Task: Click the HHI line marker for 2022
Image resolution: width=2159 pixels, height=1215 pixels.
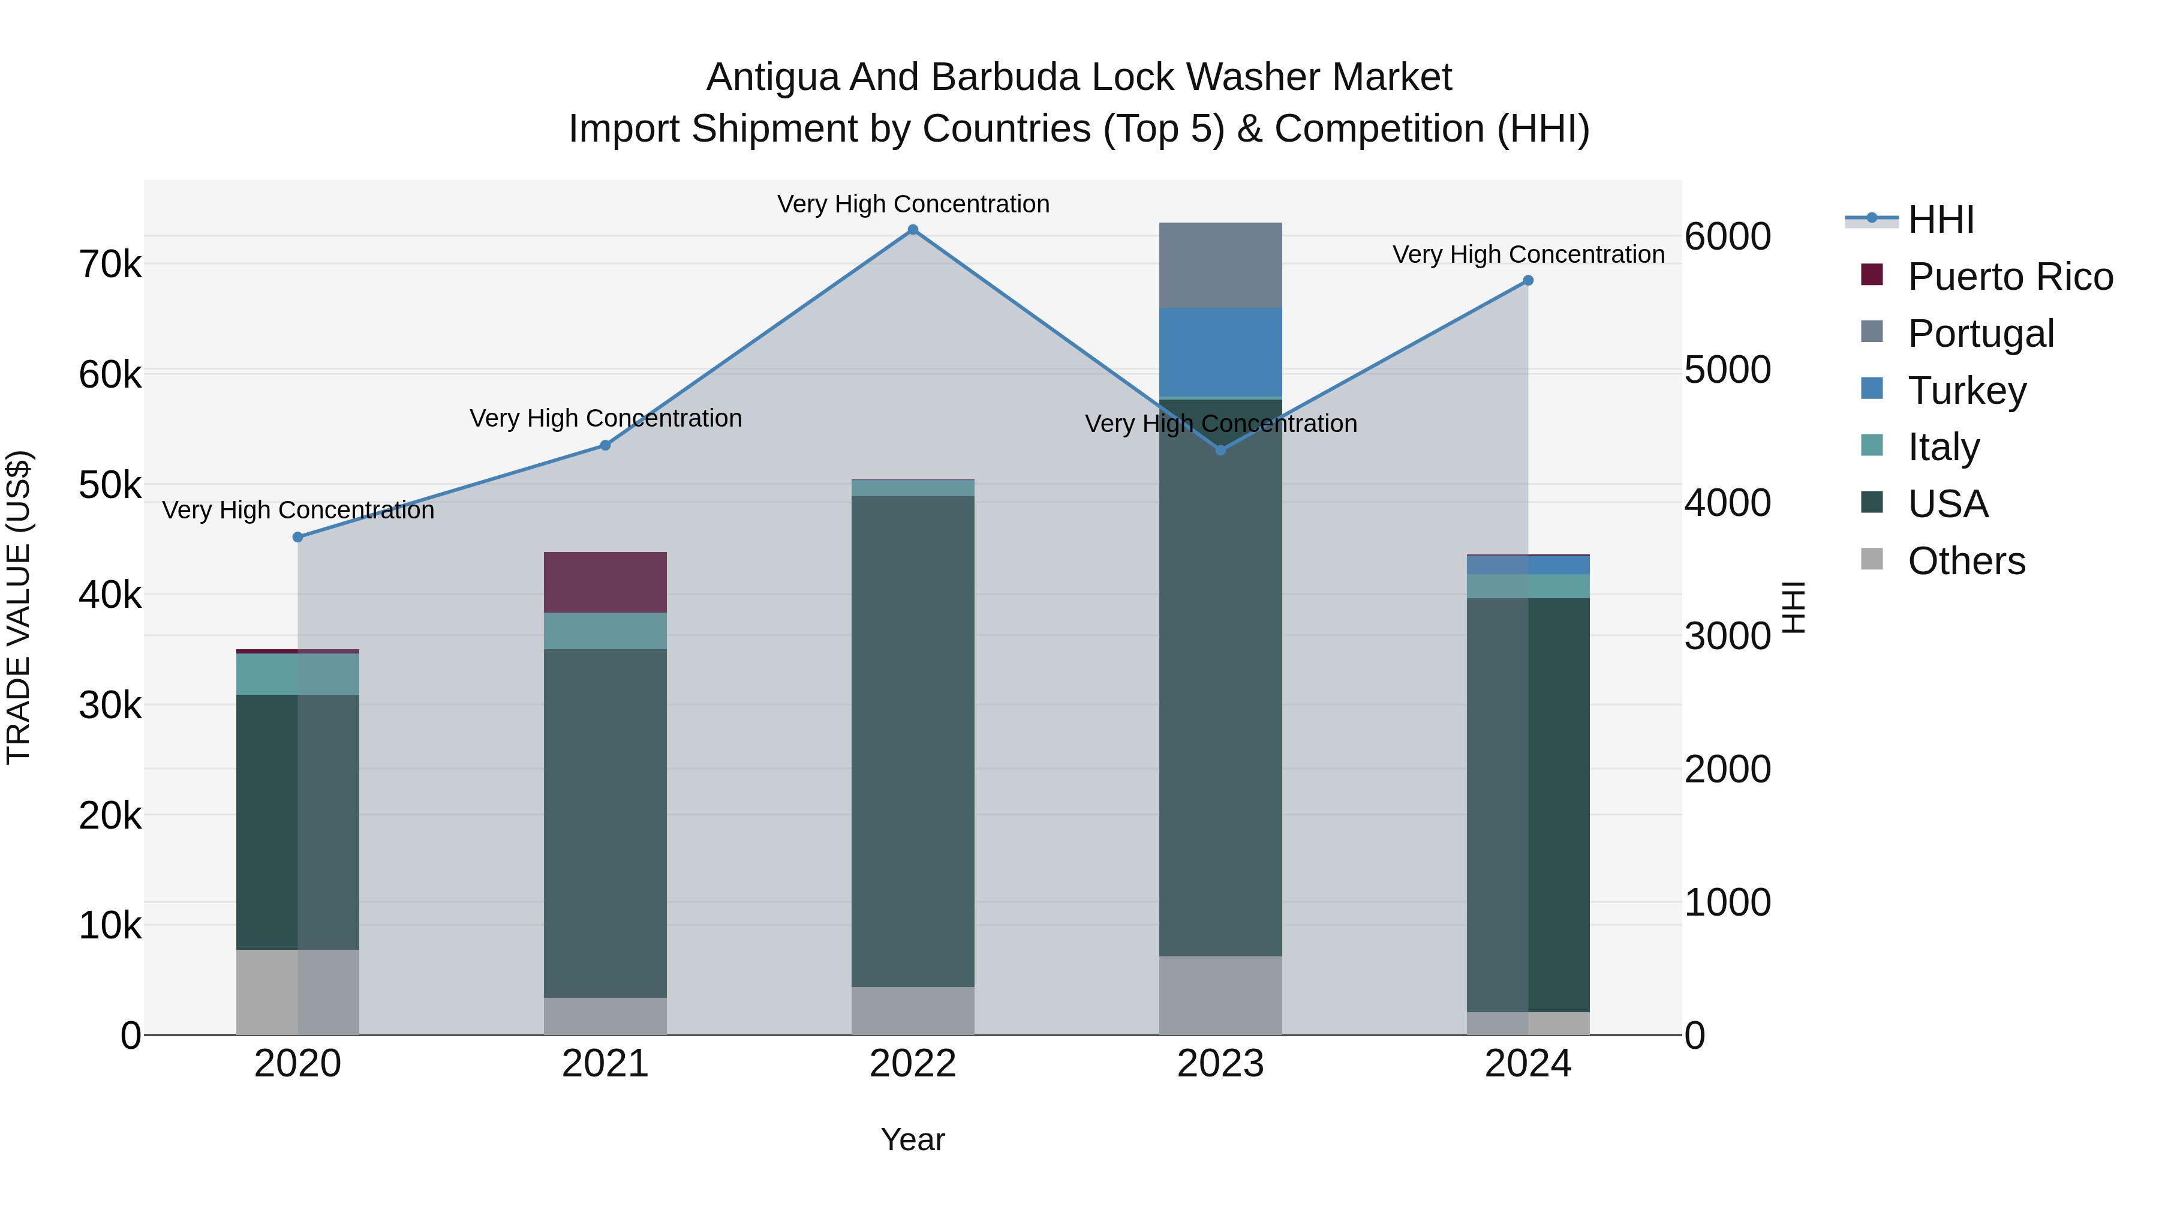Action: pos(913,230)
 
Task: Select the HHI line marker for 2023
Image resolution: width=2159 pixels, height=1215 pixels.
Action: pos(1220,450)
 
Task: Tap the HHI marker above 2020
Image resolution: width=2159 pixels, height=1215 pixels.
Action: pos(297,536)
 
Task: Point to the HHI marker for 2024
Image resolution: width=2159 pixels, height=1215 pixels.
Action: pos(1528,280)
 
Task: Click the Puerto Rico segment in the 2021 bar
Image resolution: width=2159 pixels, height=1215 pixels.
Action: pos(605,582)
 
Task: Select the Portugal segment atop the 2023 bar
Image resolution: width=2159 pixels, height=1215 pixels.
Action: pos(1220,265)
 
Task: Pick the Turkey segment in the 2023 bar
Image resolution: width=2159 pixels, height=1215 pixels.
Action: pos(1220,352)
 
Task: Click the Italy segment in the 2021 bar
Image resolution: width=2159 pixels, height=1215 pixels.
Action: pos(605,631)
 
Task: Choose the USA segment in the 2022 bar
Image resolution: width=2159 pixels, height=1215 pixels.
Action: pos(913,741)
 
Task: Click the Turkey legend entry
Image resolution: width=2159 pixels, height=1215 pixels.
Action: pos(1966,391)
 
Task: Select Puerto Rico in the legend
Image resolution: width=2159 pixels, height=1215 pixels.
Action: pos(2010,277)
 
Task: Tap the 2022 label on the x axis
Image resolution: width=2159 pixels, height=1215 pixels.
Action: pos(913,1064)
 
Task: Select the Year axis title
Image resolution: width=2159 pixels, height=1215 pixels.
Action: pos(913,1139)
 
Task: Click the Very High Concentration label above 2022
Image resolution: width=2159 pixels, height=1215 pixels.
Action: pos(913,204)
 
